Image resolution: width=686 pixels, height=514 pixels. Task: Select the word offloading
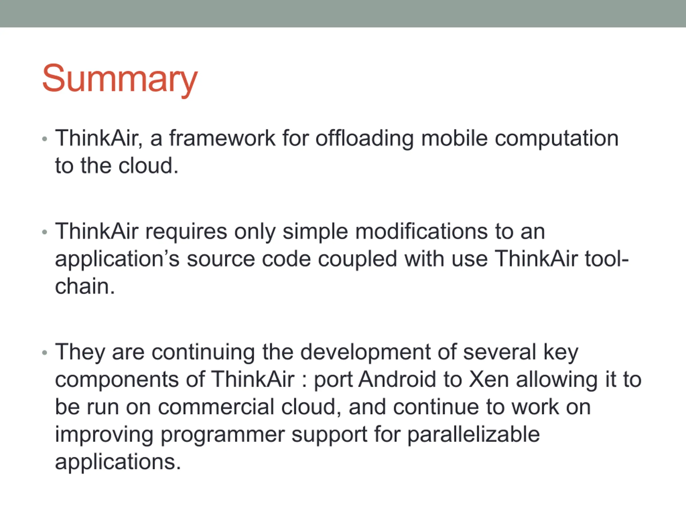[x=364, y=139]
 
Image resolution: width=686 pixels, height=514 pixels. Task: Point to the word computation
[x=556, y=139]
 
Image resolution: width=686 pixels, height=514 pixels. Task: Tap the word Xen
[x=489, y=379]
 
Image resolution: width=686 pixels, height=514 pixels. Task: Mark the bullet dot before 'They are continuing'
[x=45, y=353]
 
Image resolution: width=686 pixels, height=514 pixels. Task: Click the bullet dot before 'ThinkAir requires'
[x=45, y=232]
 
